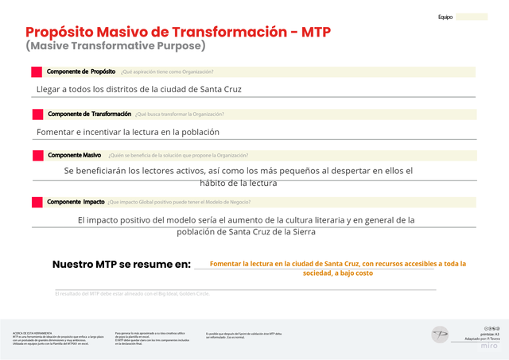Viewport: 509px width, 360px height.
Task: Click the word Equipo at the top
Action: click(x=445, y=17)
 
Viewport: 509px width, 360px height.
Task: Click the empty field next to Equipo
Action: click(x=472, y=17)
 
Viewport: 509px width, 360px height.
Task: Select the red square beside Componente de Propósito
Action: click(x=37, y=72)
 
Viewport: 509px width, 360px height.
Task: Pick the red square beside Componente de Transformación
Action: click(x=37, y=114)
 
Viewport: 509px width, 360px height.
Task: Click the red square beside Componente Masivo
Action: click(x=37, y=155)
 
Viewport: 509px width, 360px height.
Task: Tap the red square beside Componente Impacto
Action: click(x=37, y=202)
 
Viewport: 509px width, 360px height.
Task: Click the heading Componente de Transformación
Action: click(x=89, y=114)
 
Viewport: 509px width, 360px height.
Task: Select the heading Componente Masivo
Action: click(x=74, y=155)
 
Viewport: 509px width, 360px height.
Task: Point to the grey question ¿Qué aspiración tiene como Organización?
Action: click(x=167, y=72)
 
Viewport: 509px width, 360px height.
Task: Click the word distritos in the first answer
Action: click(x=123, y=89)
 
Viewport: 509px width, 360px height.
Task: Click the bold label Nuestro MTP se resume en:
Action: click(x=122, y=264)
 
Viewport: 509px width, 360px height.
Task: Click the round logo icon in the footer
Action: click(x=440, y=335)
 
